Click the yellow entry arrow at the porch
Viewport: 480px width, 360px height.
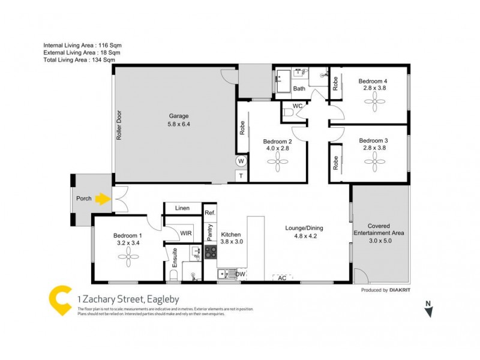104,198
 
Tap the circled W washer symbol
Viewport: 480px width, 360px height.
241,161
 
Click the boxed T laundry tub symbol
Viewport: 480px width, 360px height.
241,176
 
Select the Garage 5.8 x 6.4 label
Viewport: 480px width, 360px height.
178,120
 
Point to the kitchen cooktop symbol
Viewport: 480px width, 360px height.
211,253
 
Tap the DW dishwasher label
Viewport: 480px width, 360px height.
240,275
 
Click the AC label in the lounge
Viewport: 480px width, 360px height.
281,278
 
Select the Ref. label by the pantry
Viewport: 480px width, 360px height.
209,213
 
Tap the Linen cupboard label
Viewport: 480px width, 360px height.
182,208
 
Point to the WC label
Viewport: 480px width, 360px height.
298,106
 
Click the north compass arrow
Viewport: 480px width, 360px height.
429,311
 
